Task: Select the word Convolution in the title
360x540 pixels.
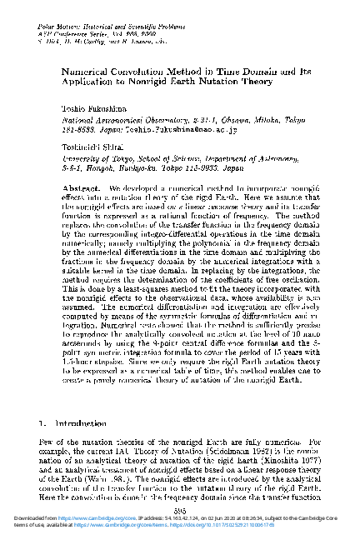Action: (142, 72)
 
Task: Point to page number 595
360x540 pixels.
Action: (179, 510)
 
